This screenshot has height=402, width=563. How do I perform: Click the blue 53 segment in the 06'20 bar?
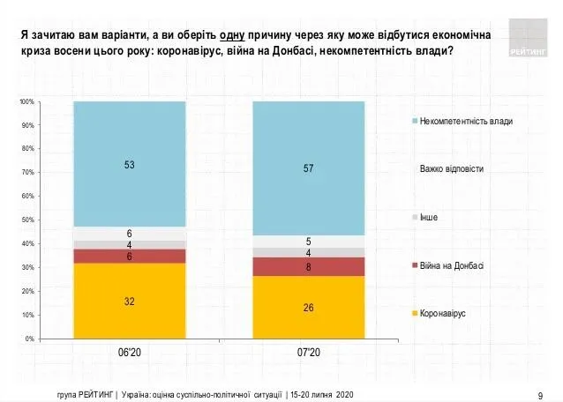[129, 164]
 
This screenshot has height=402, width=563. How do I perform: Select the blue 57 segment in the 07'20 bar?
[308, 168]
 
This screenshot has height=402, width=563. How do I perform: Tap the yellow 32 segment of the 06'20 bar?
[129, 301]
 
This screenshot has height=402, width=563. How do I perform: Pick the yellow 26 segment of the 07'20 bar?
[308, 307]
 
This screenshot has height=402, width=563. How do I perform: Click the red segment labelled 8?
[308, 266]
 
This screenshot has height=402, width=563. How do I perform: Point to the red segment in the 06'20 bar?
[129, 256]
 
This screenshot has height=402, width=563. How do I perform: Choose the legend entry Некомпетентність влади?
[466, 121]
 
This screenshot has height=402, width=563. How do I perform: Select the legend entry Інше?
[429, 217]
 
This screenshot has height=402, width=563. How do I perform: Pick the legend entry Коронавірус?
[444, 314]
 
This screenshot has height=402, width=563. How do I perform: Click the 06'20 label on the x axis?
[130, 353]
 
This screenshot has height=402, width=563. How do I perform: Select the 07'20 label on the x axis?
[309, 353]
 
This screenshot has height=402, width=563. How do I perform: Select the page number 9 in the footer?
[539, 393]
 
